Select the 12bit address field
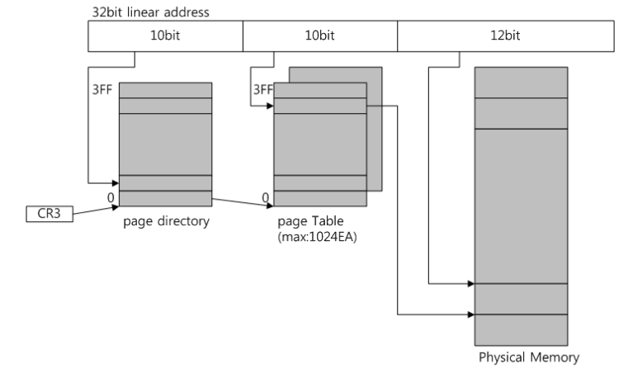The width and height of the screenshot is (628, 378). [505, 36]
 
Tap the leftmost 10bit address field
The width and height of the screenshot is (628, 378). [165, 36]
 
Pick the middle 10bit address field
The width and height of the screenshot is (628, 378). [319, 36]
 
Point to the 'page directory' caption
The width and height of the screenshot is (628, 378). [166, 222]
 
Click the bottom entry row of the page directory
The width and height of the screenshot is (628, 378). [166, 199]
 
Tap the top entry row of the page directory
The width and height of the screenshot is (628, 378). [166, 91]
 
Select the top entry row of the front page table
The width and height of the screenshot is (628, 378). [319, 91]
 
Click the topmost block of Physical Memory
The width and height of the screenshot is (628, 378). [521, 83]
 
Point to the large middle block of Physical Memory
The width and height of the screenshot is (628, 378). [521, 206]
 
